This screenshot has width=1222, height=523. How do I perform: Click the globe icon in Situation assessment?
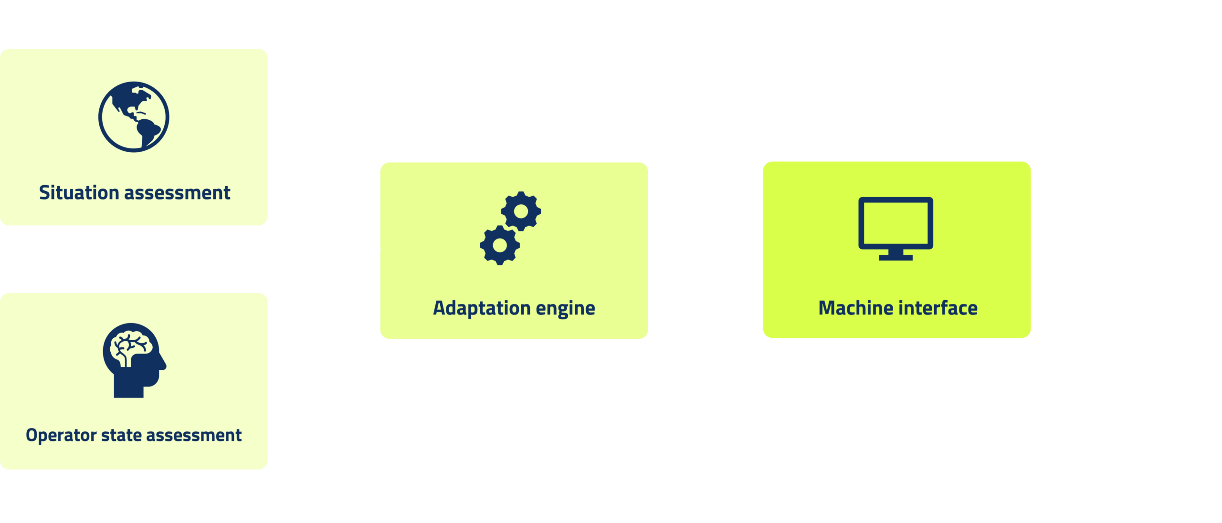tap(134, 117)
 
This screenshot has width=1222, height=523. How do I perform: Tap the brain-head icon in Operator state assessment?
tap(134, 360)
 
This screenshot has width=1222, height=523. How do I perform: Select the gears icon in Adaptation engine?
tap(510, 228)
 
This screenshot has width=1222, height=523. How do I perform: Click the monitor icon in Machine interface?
tap(895, 228)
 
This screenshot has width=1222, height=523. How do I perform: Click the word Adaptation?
tap(481, 308)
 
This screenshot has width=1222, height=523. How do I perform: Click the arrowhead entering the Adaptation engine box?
tap(377, 250)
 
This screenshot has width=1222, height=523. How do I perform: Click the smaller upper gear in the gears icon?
tap(521, 211)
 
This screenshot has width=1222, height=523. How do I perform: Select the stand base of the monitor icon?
tap(895, 258)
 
